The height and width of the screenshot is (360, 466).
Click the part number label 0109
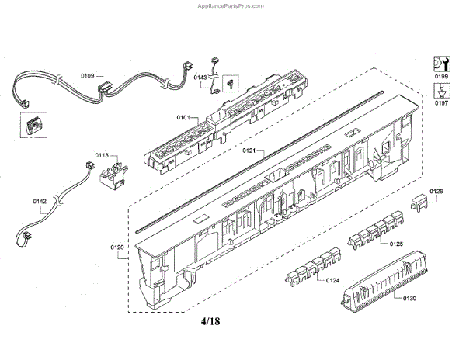[87, 76]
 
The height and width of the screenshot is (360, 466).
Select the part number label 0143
[199, 78]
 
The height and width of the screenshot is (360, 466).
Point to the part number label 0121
[250, 149]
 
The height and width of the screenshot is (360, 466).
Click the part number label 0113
[103, 155]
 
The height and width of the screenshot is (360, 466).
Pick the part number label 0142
[40, 202]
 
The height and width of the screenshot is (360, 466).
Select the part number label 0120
[117, 248]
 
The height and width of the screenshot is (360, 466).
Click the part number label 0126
[436, 192]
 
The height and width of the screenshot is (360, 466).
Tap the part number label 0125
[396, 244]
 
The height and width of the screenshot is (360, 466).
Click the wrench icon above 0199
[440, 61]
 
